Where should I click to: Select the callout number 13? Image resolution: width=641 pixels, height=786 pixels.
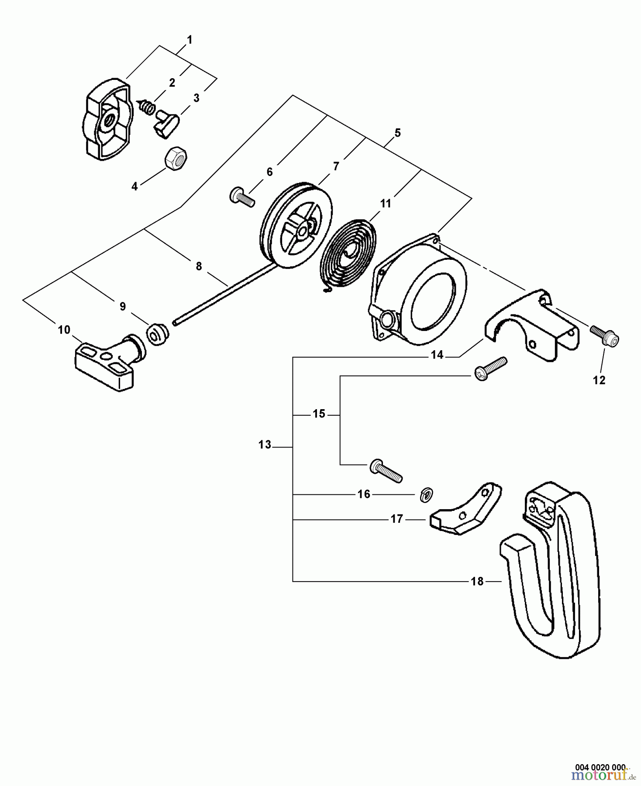coord(265,445)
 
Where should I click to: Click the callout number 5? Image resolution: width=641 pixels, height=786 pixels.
coord(397,133)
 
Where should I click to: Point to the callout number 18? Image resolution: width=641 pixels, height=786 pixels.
coord(477,581)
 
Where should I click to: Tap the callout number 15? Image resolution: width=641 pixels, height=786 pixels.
coord(319,414)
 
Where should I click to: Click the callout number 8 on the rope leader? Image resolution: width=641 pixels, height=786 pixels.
coord(199,266)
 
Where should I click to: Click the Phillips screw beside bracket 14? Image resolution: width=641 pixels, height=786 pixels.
coord(490,369)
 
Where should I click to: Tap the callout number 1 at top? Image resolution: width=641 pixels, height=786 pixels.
coord(189,40)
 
